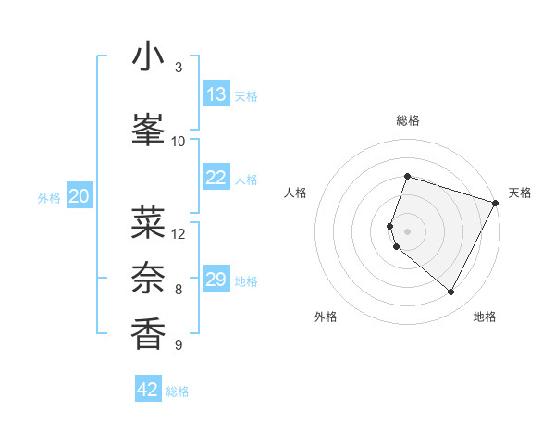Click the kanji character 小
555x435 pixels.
point(149,57)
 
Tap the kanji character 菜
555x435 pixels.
point(149,222)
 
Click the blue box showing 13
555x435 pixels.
point(216,94)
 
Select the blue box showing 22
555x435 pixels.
point(216,178)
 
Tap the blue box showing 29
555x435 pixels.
point(216,280)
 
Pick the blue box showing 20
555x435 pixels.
point(80,196)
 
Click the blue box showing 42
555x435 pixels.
point(148,390)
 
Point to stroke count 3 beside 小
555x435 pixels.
point(179,68)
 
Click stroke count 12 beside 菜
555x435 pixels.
point(179,233)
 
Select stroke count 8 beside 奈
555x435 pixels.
point(179,289)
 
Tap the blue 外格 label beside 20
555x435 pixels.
point(49,197)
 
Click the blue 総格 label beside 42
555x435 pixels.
point(178,391)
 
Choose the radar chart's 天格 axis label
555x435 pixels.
point(520,193)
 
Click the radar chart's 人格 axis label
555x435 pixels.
point(296,193)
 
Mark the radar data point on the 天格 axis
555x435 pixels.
point(496,203)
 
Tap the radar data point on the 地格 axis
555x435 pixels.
point(451,292)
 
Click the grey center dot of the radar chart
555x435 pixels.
point(408,230)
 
